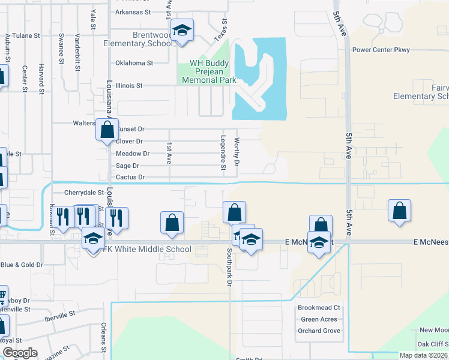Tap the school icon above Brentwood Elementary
coord(182,29)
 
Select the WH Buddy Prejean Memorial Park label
coord(206,71)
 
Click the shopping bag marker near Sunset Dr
coord(107,130)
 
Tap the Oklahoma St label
coord(134,62)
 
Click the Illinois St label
coord(130,86)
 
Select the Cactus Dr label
coord(130,178)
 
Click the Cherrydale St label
coord(84,193)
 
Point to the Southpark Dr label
coord(229,268)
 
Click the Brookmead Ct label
coord(319,308)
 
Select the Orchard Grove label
coord(319,331)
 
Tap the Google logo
coord(20,353)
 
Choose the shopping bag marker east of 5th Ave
coord(399,211)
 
